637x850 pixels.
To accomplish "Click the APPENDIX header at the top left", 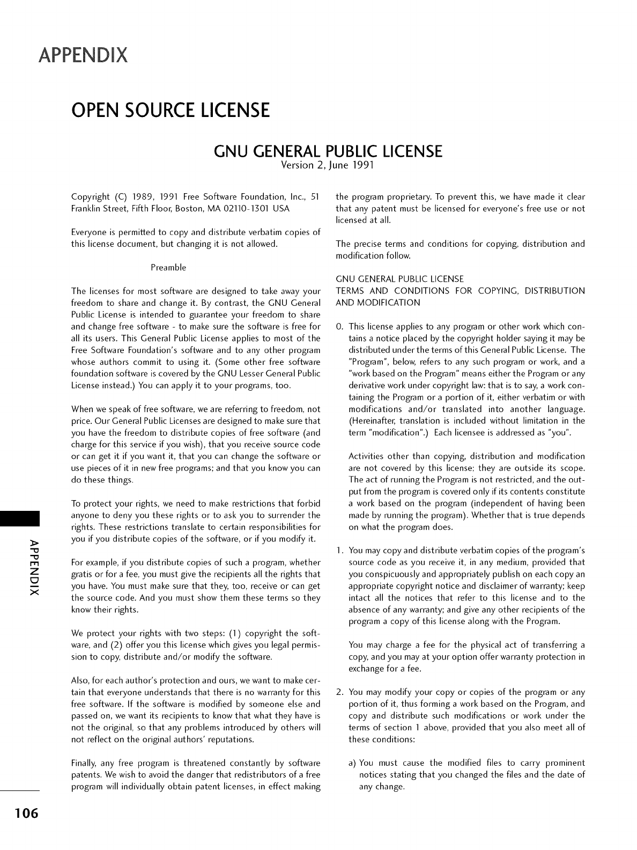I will point(83,55).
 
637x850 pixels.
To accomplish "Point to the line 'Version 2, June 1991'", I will point(327,166).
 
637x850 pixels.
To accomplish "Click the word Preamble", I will point(168,267).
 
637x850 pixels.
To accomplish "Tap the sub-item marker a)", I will point(353,763).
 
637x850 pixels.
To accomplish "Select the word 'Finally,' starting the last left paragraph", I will point(85,763).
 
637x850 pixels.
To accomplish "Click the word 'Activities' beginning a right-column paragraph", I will point(368,457).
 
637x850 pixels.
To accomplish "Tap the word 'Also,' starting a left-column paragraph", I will point(81,681).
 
